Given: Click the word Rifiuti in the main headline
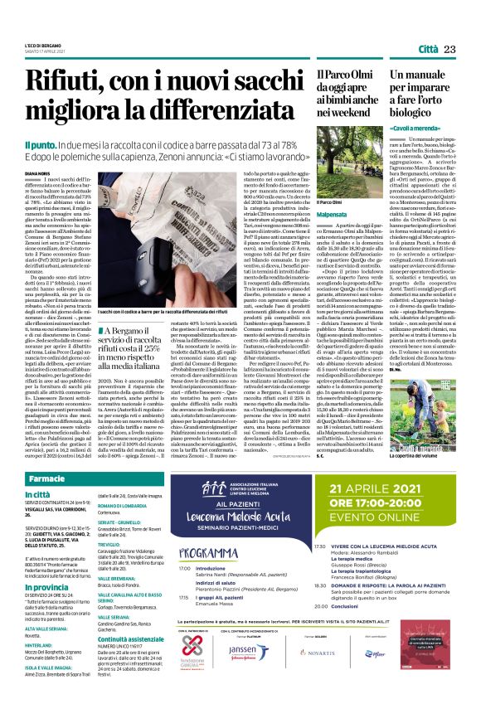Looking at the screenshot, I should click(66, 83).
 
